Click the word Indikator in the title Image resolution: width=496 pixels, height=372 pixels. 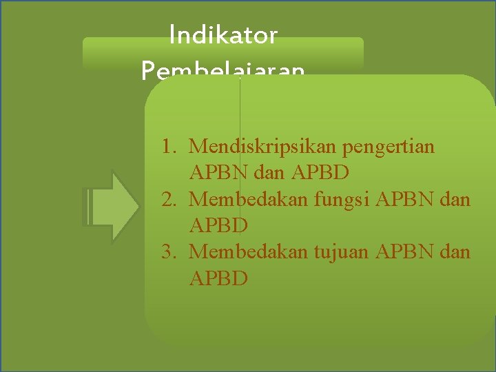tap(223, 35)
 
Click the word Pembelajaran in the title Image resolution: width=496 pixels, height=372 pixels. tap(223, 70)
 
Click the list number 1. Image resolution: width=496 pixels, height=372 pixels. tap(167, 147)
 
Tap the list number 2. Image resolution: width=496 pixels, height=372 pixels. tap(167, 199)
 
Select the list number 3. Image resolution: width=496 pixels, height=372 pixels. tap(167, 252)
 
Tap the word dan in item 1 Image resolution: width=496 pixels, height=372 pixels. tap(267, 173)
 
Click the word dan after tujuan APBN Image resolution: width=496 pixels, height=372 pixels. tap(455, 252)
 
